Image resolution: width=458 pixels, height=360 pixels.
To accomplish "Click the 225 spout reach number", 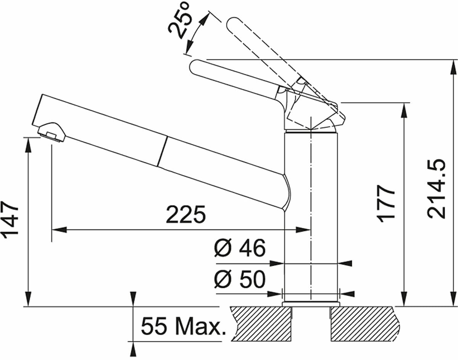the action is click(185, 215).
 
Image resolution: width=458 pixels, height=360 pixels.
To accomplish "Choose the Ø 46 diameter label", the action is click(239, 249).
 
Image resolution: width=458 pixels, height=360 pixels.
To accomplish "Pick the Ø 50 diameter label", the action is click(239, 280).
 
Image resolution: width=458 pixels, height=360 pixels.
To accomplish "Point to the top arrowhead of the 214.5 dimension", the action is click(453, 66).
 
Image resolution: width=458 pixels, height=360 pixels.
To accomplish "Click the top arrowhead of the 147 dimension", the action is click(29, 143).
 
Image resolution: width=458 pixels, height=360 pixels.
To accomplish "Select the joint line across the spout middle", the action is click(162, 151).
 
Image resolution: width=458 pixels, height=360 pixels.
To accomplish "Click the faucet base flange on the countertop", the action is click(310, 303).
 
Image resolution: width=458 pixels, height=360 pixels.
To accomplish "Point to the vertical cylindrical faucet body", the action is click(311, 214).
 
